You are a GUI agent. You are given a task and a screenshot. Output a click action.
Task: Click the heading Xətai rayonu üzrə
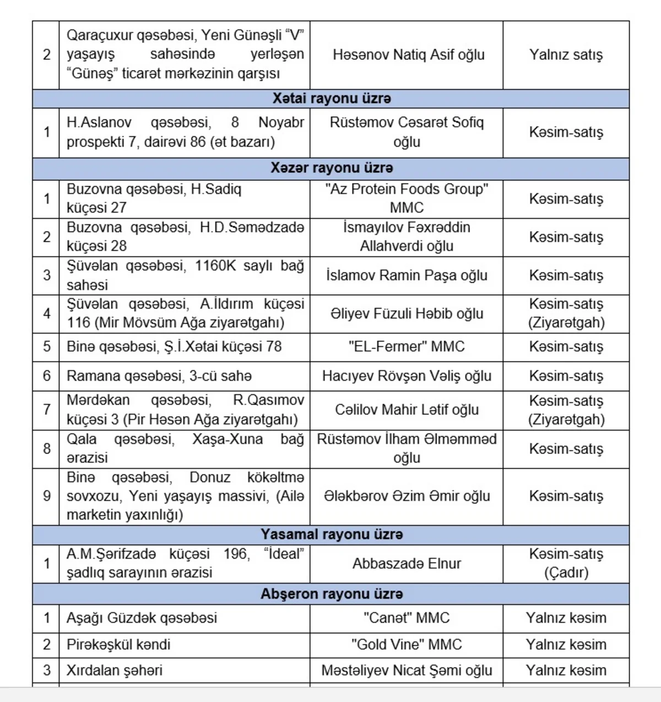pos(332,99)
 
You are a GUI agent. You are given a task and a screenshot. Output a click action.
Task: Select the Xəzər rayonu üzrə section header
pos(332,168)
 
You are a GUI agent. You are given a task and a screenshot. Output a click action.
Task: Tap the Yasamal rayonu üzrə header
pos(332,534)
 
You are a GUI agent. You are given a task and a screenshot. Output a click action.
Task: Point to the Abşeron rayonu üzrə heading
pos(332,594)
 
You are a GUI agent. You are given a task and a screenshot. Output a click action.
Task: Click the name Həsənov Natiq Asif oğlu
pos(408,55)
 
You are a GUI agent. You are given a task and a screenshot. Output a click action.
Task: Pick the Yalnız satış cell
pos(566,55)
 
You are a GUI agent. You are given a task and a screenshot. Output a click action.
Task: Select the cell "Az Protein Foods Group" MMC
pos(407,198)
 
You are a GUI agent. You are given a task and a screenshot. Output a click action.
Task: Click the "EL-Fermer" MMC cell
pos(407,347)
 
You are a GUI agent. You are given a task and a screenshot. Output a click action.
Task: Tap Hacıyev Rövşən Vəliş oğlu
pos(407,376)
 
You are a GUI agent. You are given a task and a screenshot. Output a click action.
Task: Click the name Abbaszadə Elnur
pos(407,563)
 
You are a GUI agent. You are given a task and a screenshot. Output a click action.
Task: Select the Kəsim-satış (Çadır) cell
pos(566,563)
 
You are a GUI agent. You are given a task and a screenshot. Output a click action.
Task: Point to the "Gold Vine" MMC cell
pos(407,644)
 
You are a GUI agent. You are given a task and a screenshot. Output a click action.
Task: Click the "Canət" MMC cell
pos(407,618)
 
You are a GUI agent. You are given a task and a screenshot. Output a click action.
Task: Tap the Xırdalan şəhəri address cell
pos(115,670)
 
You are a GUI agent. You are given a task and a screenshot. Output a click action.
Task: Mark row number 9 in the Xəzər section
pos(47,496)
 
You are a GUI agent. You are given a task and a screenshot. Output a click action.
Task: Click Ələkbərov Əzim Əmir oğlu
pos(407,496)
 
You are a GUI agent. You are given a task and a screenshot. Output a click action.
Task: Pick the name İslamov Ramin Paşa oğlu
pos(407,275)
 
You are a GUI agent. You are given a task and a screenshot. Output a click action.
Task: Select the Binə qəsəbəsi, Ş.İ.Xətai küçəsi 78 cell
pos(174,347)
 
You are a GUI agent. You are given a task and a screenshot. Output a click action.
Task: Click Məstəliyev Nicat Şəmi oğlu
pos(407,670)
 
